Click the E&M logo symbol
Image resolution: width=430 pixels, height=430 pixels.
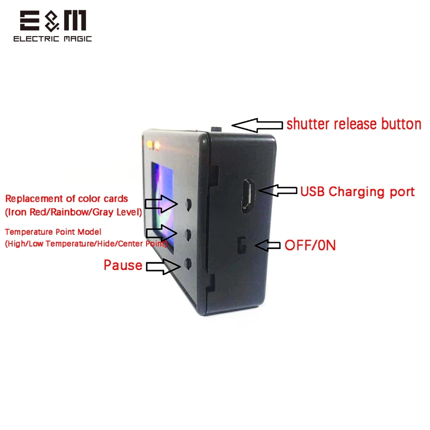(x=53, y=21)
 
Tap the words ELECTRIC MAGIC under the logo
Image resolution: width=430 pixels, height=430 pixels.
(x=52, y=39)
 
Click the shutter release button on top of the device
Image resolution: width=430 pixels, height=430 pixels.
(x=216, y=129)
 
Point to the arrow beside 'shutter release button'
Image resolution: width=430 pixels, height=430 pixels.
(x=257, y=125)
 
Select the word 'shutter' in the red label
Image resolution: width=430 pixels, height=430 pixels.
(x=308, y=124)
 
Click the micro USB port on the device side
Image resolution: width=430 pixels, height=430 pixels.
(x=248, y=196)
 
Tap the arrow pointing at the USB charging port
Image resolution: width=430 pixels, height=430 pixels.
(x=277, y=190)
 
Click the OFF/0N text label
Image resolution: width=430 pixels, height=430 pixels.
(x=310, y=245)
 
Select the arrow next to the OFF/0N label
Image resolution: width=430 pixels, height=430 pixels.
(x=267, y=245)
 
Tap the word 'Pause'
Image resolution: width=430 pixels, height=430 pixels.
(x=123, y=265)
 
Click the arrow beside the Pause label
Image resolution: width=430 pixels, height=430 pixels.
(x=163, y=266)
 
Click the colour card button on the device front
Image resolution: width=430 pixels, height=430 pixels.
(x=188, y=204)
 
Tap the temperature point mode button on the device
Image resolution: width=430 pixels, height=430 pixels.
(x=188, y=235)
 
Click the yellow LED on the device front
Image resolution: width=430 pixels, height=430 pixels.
(x=150, y=144)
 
